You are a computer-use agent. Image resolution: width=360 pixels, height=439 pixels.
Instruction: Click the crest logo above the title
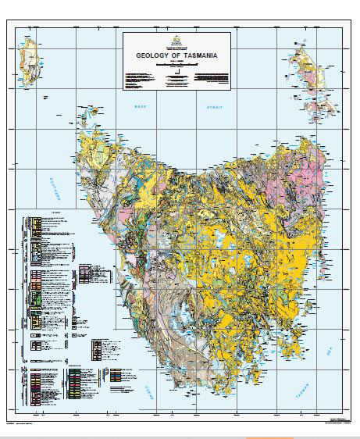[176, 40]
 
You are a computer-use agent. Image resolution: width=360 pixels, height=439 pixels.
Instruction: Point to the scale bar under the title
[176, 67]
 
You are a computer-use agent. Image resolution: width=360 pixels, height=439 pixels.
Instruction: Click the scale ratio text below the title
[176, 62]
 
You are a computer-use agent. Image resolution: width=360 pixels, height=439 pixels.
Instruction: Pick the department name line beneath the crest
[176, 48]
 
